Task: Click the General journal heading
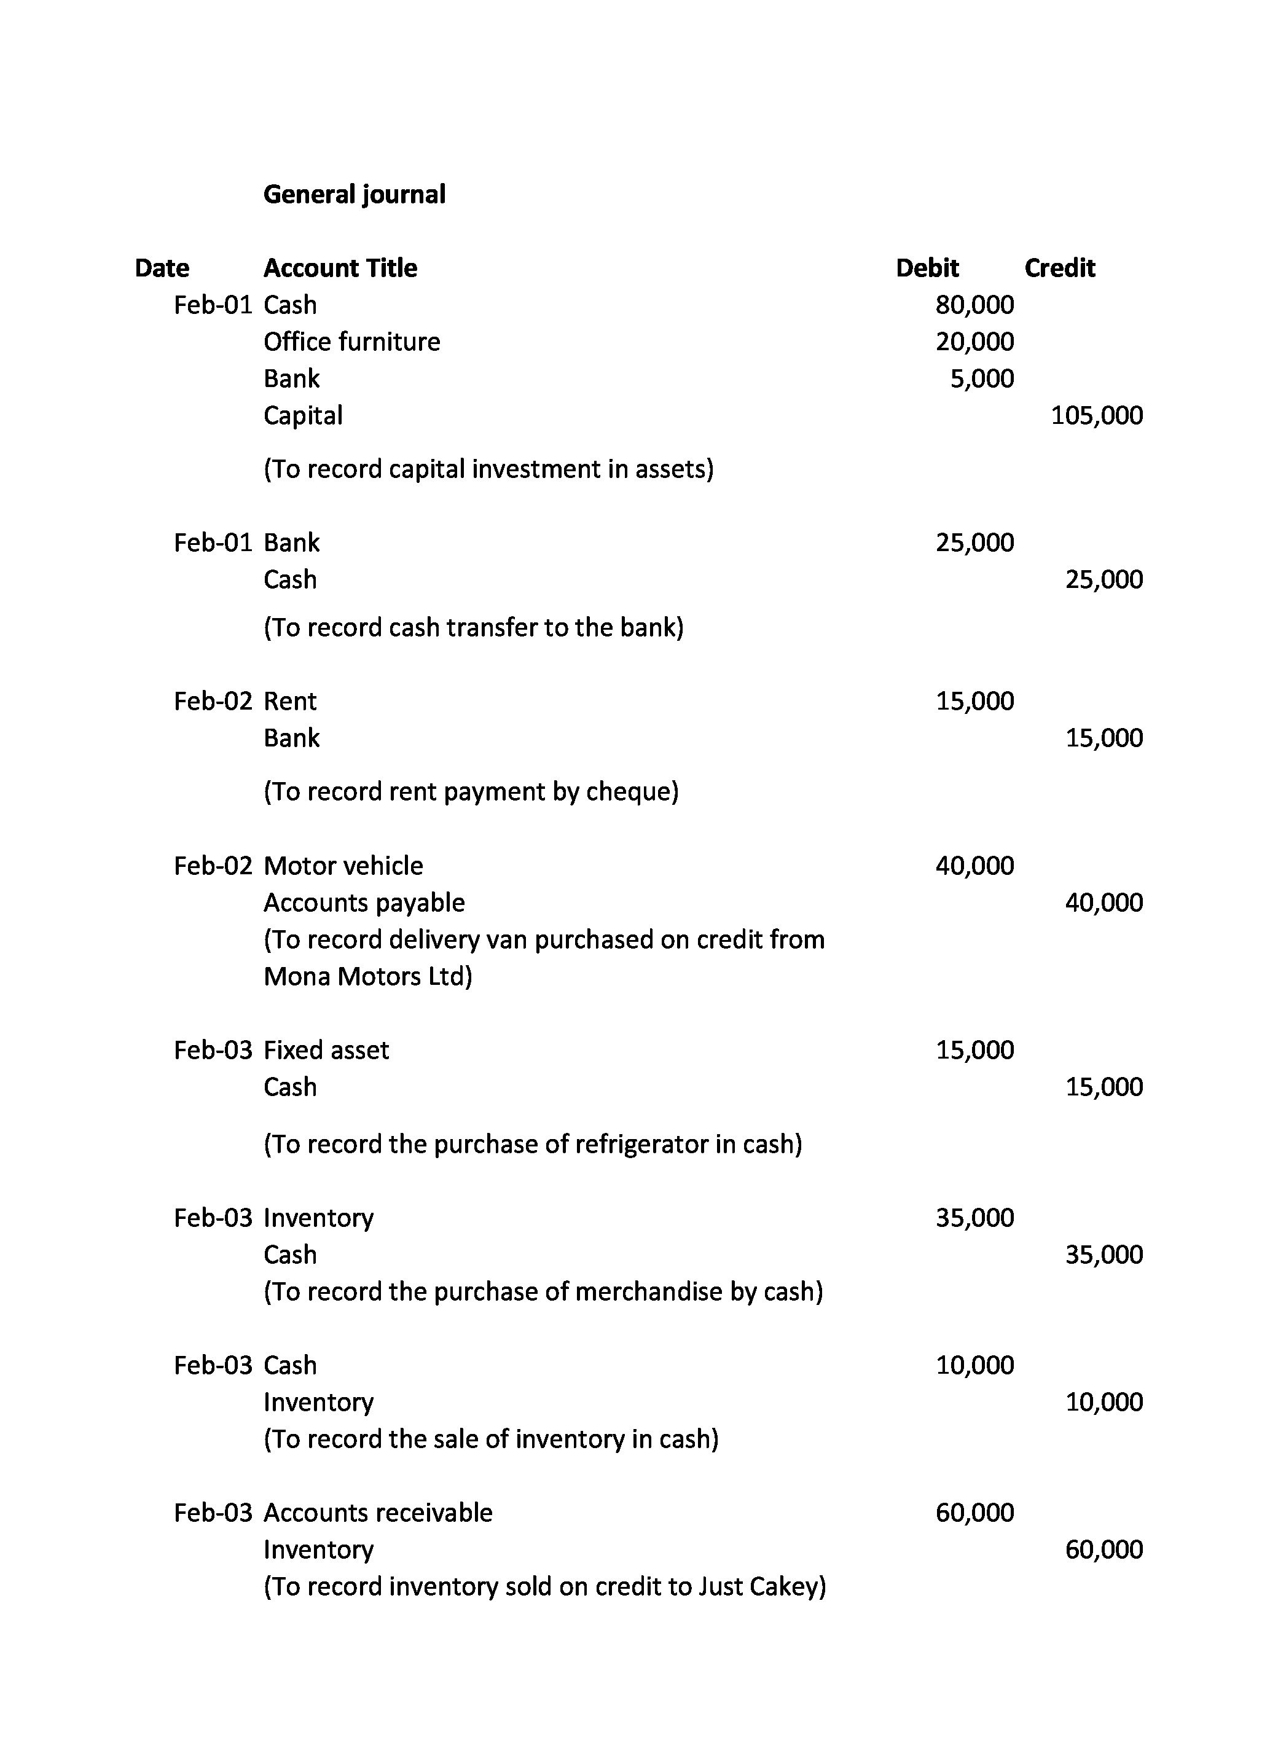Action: point(355,194)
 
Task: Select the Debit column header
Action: point(927,268)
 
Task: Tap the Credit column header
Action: point(1059,268)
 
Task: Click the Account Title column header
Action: point(340,268)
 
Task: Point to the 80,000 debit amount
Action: point(974,305)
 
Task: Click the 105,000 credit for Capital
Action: point(1096,415)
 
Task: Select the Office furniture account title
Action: point(352,342)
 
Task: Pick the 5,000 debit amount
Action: point(982,378)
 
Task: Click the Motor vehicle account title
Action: point(343,866)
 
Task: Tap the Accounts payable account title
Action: point(364,903)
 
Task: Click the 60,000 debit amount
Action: point(974,1513)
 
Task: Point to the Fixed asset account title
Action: point(326,1050)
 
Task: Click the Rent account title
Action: point(290,701)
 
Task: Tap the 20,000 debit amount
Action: point(974,342)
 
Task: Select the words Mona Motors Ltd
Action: point(367,976)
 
